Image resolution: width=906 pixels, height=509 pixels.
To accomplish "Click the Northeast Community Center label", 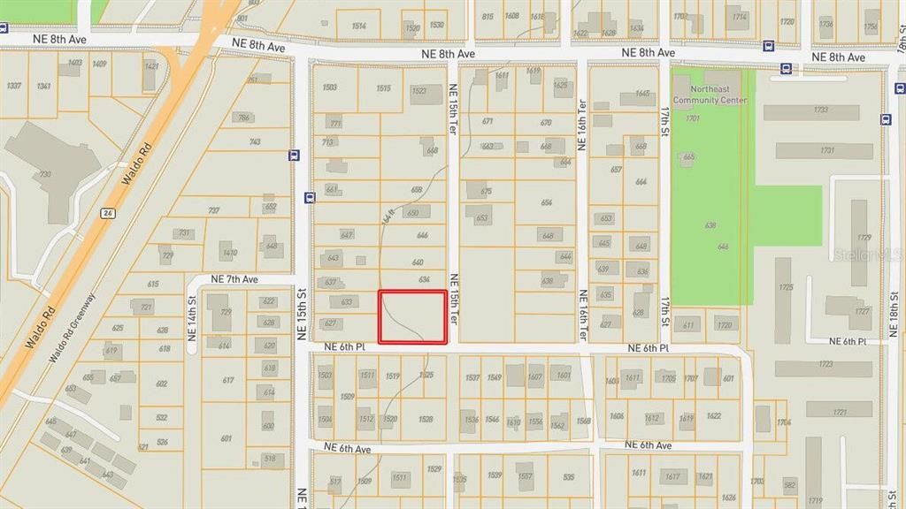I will (710, 95).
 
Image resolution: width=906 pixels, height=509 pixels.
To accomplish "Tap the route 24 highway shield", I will (107, 213).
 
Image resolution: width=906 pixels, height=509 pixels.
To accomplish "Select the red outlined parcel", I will (412, 316).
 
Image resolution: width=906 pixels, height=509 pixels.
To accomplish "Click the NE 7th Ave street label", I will (234, 279).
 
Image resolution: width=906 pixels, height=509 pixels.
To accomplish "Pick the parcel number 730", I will (43, 174).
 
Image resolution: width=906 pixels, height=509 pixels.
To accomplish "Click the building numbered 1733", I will (821, 110).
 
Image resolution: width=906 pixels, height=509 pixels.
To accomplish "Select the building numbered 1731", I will (826, 150).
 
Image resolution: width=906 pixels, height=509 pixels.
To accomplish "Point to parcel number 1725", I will (785, 287).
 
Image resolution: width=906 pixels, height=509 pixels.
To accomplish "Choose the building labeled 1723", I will (825, 364).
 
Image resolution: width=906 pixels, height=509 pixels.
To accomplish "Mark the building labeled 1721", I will (839, 412).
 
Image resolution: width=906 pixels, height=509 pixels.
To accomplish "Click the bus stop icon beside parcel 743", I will (294, 156).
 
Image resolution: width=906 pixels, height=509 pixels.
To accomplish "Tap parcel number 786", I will (243, 118).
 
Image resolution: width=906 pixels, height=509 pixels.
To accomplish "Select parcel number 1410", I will (230, 253).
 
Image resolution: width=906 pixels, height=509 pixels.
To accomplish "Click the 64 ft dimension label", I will (387, 215).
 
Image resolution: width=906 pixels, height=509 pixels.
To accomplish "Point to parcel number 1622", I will (713, 415).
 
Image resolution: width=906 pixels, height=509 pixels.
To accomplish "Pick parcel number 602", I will (161, 384).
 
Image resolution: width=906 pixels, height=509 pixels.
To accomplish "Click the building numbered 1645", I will (642, 93).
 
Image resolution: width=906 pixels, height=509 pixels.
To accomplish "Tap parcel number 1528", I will (426, 419).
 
